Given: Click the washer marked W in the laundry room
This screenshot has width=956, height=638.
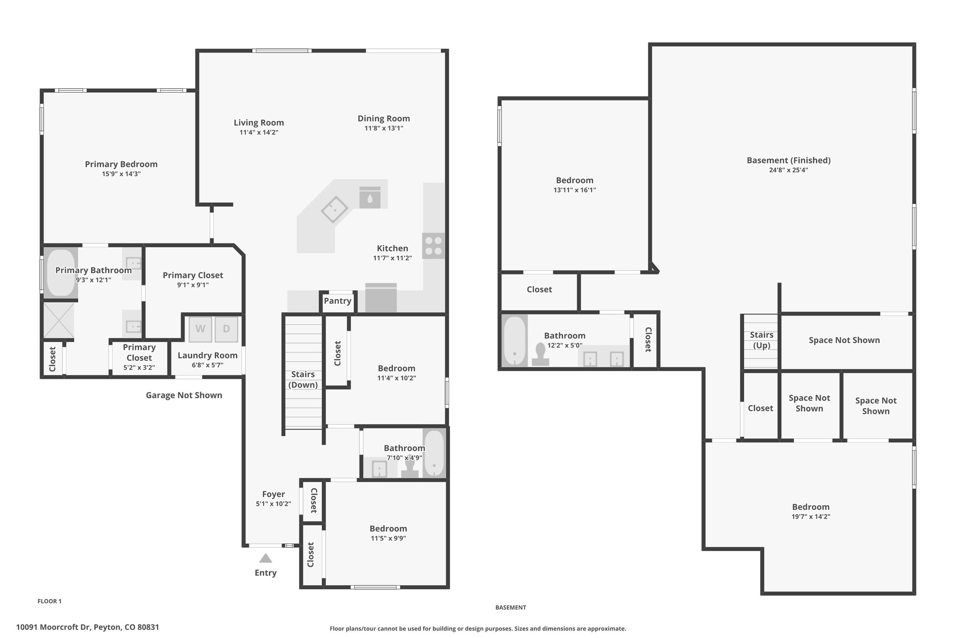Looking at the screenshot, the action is pyautogui.click(x=200, y=329).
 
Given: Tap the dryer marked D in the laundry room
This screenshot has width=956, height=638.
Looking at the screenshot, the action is pyautogui.click(x=226, y=329).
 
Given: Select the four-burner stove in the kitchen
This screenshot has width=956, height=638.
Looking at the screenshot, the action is pyautogui.click(x=434, y=246).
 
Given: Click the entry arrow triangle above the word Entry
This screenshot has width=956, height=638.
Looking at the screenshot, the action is pyautogui.click(x=266, y=558).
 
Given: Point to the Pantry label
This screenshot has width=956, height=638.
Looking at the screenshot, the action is pyautogui.click(x=337, y=301).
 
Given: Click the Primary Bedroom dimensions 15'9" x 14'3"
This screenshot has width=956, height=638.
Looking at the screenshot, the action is pyautogui.click(x=121, y=174).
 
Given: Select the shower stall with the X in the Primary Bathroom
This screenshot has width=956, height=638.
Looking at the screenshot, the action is pyautogui.click(x=58, y=320).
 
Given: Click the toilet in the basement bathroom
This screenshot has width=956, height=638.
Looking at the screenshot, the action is pyautogui.click(x=541, y=355).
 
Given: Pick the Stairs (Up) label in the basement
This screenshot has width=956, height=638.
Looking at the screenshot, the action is pyautogui.click(x=761, y=340).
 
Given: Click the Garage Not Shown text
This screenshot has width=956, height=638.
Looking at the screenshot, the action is pyautogui.click(x=184, y=395).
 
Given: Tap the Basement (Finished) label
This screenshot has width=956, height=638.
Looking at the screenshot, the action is pyautogui.click(x=788, y=160).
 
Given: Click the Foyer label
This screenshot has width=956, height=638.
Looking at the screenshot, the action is pyautogui.click(x=274, y=494).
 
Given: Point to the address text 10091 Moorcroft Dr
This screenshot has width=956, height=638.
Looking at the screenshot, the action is pyautogui.click(x=53, y=627).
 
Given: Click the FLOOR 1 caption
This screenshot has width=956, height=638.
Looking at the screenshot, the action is pyautogui.click(x=49, y=602).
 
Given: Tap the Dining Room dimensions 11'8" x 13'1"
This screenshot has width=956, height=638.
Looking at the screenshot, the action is pyautogui.click(x=384, y=128).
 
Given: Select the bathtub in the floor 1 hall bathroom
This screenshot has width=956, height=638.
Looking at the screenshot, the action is pyautogui.click(x=434, y=453).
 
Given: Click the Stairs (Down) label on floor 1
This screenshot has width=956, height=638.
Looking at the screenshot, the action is pyautogui.click(x=303, y=380).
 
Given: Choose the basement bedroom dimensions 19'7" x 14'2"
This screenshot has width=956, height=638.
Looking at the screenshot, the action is pyautogui.click(x=811, y=517).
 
